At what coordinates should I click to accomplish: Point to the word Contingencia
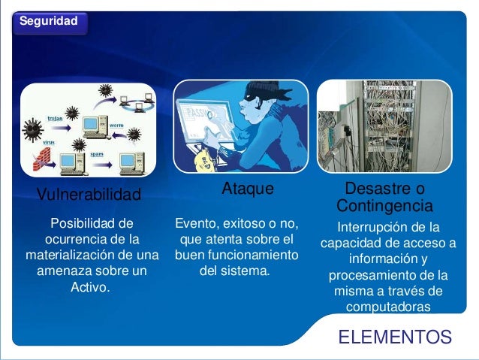[x=384, y=205]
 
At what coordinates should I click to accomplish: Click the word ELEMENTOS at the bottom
[x=395, y=337]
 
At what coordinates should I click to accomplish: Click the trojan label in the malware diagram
[x=55, y=119]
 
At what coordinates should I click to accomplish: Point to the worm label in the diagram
[x=116, y=125]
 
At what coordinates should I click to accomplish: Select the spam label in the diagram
[x=97, y=153]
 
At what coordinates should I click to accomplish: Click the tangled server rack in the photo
[x=384, y=127]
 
